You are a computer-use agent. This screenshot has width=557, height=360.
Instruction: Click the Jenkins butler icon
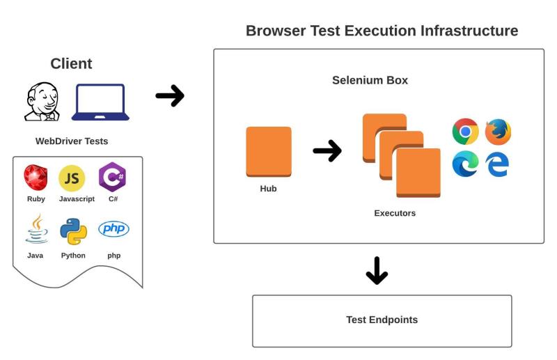click(x=42, y=102)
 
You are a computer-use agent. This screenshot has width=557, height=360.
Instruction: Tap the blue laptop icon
click(x=100, y=102)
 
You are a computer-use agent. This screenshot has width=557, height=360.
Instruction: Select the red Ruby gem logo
click(x=36, y=178)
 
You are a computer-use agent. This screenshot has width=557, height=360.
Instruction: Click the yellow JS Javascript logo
click(x=72, y=178)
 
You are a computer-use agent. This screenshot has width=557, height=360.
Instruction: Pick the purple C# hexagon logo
click(x=112, y=177)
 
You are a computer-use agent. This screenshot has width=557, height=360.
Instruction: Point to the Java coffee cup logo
click(x=36, y=229)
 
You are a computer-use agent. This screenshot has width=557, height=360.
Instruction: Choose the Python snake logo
click(x=73, y=231)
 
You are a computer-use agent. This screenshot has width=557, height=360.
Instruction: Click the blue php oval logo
click(x=113, y=229)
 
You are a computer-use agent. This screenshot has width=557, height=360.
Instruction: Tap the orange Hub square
click(x=269, y=152)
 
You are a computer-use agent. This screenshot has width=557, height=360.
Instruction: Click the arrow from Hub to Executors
click(x=327, y=150)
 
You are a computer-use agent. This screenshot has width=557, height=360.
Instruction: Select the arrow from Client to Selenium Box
click(x=170, y=96)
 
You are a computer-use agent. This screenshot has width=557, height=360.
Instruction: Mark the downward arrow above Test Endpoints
click(x=377, y=270)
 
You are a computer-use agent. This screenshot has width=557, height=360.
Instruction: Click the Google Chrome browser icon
click(x=465, y=132)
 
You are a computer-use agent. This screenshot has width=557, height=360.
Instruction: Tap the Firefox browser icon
click(x=498, y=132)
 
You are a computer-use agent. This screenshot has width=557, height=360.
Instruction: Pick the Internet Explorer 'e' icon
click(x=497, y=164)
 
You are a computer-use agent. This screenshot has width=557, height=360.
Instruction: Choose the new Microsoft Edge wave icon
click(x=465, y=164)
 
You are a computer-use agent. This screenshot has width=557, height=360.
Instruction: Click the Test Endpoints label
click(x=382, y=320)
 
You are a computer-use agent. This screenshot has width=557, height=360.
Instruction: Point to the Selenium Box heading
click(x=370, y=80)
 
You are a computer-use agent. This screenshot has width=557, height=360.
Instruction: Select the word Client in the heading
click(x=71, y=64)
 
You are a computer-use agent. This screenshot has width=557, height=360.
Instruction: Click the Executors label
click(x=395, y=213)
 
